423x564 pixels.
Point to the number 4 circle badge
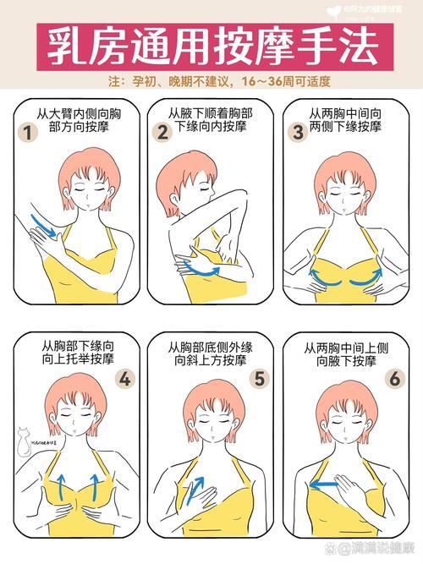click(125, 378)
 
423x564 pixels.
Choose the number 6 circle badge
click(395, 378)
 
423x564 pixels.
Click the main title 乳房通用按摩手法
click(211, 47)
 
